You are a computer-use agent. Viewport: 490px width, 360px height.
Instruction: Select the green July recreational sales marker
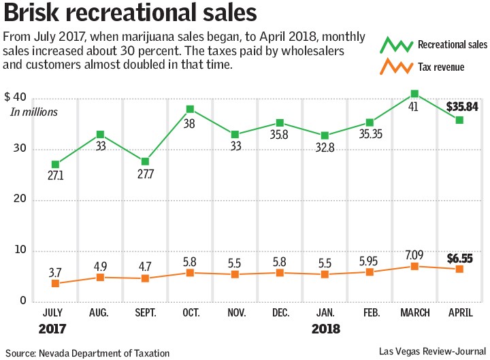[55, 165]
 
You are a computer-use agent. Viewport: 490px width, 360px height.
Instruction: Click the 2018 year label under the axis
[326, 329]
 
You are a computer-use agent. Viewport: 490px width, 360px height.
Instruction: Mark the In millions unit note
[34, 112]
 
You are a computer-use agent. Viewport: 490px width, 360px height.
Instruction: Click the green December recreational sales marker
[279, 123]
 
